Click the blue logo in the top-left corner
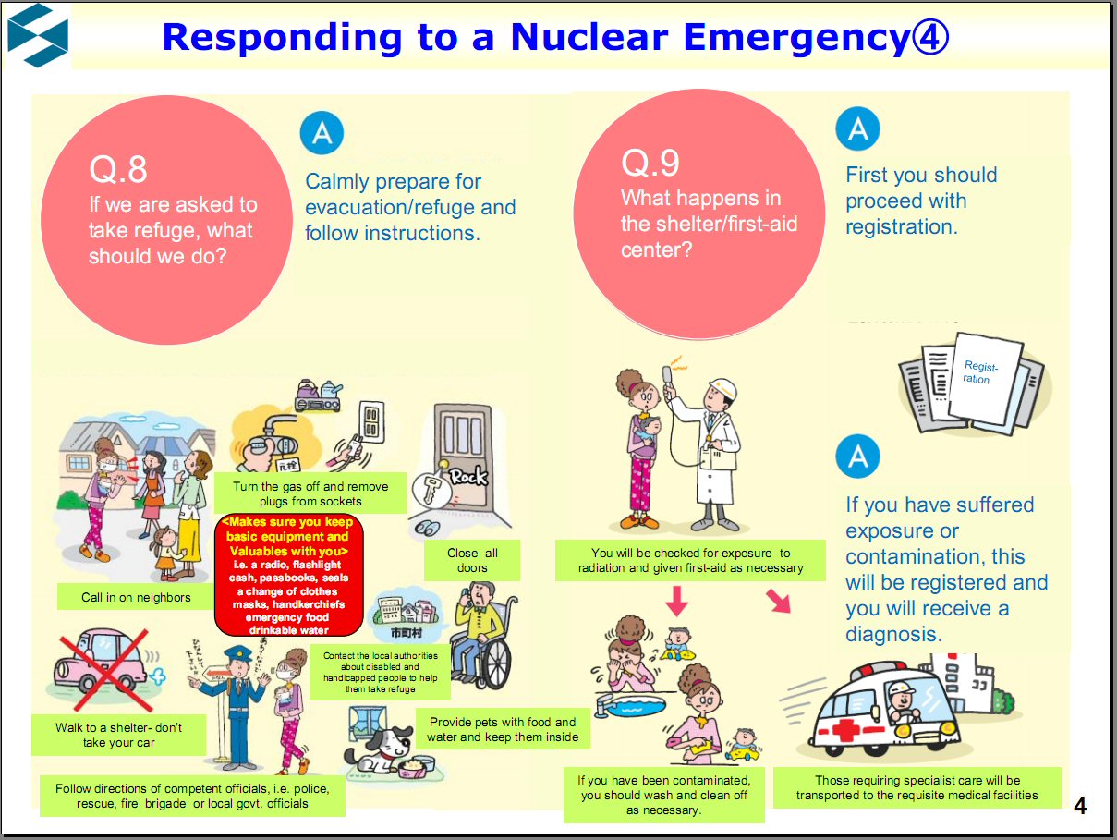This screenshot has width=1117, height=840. coord(38,36)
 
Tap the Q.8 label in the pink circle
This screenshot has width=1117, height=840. coord(118,169)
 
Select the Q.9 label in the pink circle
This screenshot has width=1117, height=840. coord(650,163)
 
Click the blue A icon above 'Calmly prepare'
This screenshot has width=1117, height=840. coord(322,134)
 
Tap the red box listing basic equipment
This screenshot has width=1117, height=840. coord(288,575)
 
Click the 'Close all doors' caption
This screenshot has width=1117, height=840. coord(472,560)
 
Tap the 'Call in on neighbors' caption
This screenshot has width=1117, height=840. coord(136,597)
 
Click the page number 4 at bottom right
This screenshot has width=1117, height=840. coord(1080,807)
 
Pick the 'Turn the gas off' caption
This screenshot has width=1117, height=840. coord(310,493)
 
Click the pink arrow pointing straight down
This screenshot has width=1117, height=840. coord(677,601)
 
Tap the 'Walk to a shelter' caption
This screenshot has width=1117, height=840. coord(118,735)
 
